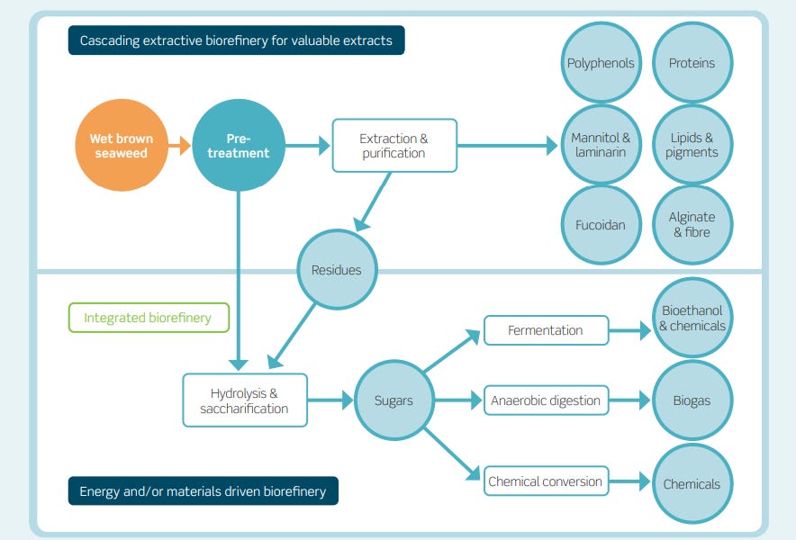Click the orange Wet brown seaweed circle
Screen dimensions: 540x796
(x=122, y=146)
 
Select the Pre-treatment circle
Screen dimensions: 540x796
(x=239, y=146)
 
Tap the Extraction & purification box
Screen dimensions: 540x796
(x=393, y=146)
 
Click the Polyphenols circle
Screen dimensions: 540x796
(x=601, y=63)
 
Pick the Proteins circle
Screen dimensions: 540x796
(x=692, y=63)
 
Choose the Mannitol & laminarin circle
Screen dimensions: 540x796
(x=601, y=145)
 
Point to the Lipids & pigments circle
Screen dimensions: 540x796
(x=692, y=145)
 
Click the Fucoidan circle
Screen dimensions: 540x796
(x=601, y=225)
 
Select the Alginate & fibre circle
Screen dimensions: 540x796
(x=692, y=225)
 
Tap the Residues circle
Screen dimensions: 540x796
(x=336, y=269)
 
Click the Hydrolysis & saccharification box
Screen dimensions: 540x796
(x=244, y=400)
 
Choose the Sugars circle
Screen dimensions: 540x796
(x=393, y=400)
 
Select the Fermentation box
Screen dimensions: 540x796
(x=546, y=330)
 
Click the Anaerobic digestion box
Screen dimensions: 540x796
(x=546, y=400)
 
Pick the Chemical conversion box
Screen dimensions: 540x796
(x=546, y=481)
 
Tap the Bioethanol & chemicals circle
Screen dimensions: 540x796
(x=692, y=319)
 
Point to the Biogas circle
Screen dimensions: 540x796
(x=692, y=400)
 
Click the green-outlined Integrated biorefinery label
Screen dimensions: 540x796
(x=149, y=318)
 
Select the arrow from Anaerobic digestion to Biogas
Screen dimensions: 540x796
(x=630, y=400)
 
